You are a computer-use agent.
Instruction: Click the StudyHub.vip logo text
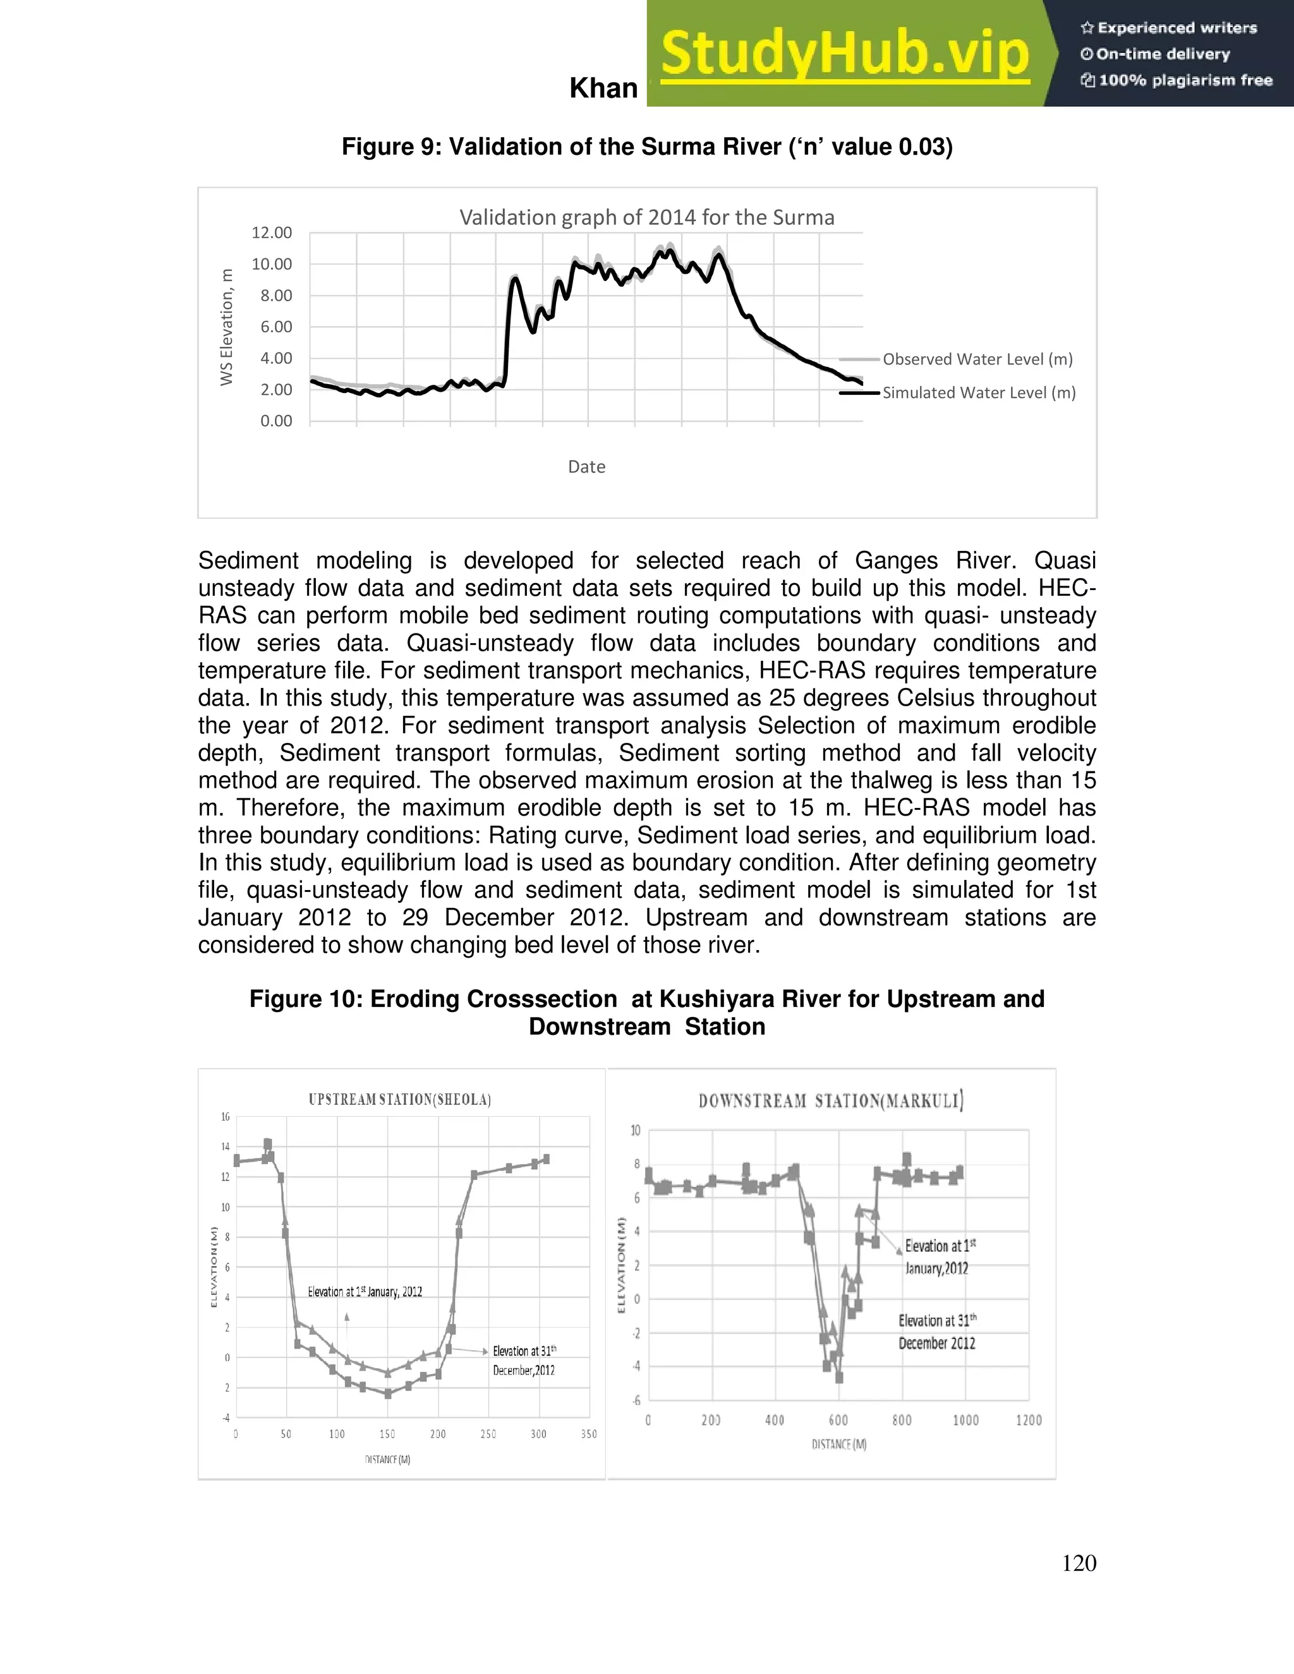point(845,54)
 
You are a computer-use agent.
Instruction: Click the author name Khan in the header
point(603,89)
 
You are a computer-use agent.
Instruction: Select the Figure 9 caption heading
point(647,147)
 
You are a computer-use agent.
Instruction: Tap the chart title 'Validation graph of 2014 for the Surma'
point(647,218)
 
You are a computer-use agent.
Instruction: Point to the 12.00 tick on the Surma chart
point(271,233)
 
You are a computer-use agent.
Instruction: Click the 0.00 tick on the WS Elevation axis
point(276,421)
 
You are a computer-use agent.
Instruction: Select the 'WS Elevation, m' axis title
point(226,327)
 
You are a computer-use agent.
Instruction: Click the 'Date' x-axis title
point(586,467)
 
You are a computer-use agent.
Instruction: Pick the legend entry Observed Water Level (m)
point(977,359)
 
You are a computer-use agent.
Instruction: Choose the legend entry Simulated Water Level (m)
point(979,393)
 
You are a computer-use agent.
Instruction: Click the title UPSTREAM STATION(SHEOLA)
point(399,1099)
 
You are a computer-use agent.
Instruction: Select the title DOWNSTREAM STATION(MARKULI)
point(831,1102)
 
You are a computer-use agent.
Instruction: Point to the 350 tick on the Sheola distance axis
point(589,1434)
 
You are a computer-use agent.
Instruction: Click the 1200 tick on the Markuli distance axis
point(1029,1420)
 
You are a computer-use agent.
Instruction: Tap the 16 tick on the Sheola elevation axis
point(226,1117)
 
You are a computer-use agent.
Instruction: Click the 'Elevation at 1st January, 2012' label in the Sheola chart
point(365,1292)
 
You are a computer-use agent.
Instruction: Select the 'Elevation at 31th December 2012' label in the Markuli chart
point(937,1332)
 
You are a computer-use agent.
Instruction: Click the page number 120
point(1079,1563)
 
